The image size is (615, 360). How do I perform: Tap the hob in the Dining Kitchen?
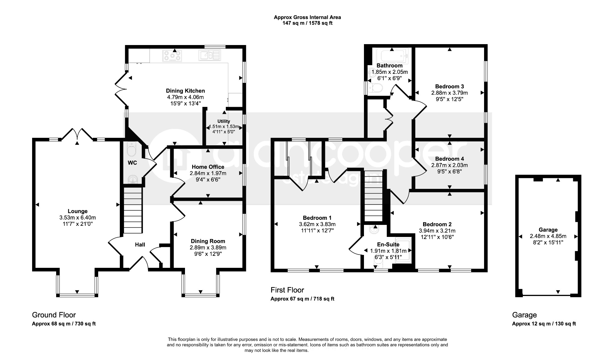click(172, 56)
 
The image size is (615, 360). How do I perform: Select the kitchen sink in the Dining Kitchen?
click(210, 56)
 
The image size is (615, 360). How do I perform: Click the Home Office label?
click(208, 167)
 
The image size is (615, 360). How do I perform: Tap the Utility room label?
click(224, 121)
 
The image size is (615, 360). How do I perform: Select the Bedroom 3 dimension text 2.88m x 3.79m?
click(450, 93)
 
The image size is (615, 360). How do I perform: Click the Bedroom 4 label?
click(450, 159)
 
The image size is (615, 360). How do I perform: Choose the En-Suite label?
click(388, 245)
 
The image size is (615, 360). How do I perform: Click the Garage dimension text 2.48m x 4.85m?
click(548, 236)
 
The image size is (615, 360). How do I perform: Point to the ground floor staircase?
click(132, 210)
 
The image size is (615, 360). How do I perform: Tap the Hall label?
click(140, 245)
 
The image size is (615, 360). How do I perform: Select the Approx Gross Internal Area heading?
click(307, 17)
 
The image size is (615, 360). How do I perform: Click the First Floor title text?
click(287, 290)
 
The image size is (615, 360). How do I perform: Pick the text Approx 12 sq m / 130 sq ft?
click(544, 324)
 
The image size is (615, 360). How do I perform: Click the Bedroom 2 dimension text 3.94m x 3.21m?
click(437, 231)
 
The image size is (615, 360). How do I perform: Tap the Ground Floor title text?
click(54, 315)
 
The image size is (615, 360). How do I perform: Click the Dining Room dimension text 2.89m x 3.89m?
click(208, 248)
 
